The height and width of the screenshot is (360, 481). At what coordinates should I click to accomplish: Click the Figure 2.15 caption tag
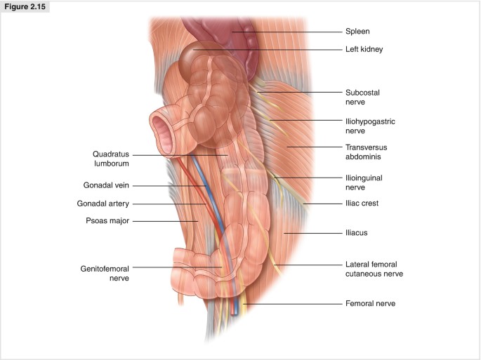[x=25, y=7]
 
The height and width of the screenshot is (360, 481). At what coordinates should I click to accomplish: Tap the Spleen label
[x=357, y=32]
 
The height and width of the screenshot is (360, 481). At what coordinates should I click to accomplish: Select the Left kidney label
[x=363, y=49]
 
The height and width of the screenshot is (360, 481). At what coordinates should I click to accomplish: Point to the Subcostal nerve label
[x=362, y=97]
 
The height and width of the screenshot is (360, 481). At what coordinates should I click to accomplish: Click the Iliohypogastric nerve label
[x=370, y=126]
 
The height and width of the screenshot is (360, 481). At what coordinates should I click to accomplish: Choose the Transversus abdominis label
[x=366, y=152]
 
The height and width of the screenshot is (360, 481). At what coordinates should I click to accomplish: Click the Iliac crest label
[x=362, y=204]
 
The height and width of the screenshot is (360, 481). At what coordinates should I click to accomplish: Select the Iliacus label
[x=356, y=232]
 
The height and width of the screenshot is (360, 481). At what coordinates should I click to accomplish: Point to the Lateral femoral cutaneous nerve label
[x=374, y=269]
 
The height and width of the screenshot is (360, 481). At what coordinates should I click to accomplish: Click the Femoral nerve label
[x=370, y=303]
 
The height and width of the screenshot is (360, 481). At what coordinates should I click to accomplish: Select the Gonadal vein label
[x=105, y=185]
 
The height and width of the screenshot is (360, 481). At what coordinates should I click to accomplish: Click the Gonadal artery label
[x=103, y=204]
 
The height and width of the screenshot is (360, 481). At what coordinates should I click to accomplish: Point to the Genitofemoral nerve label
[x=105, y=272]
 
